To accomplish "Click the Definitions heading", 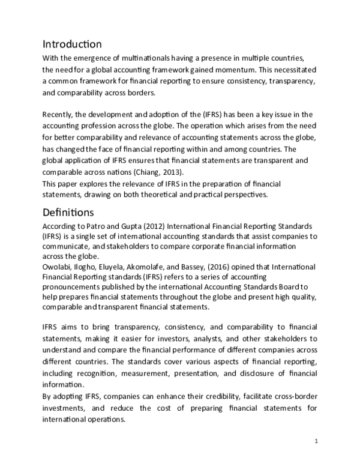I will coord(68,213).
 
